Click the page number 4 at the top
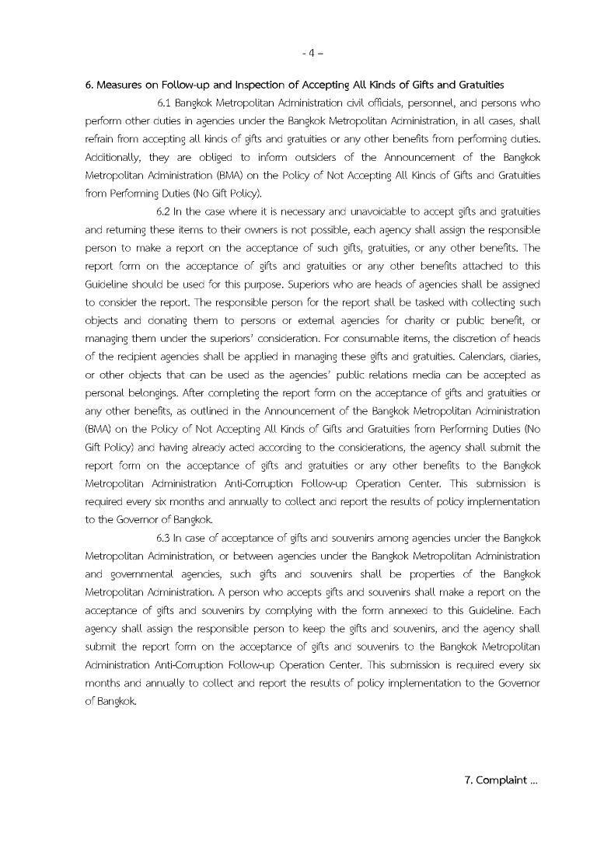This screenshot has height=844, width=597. [x=310, y=54]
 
